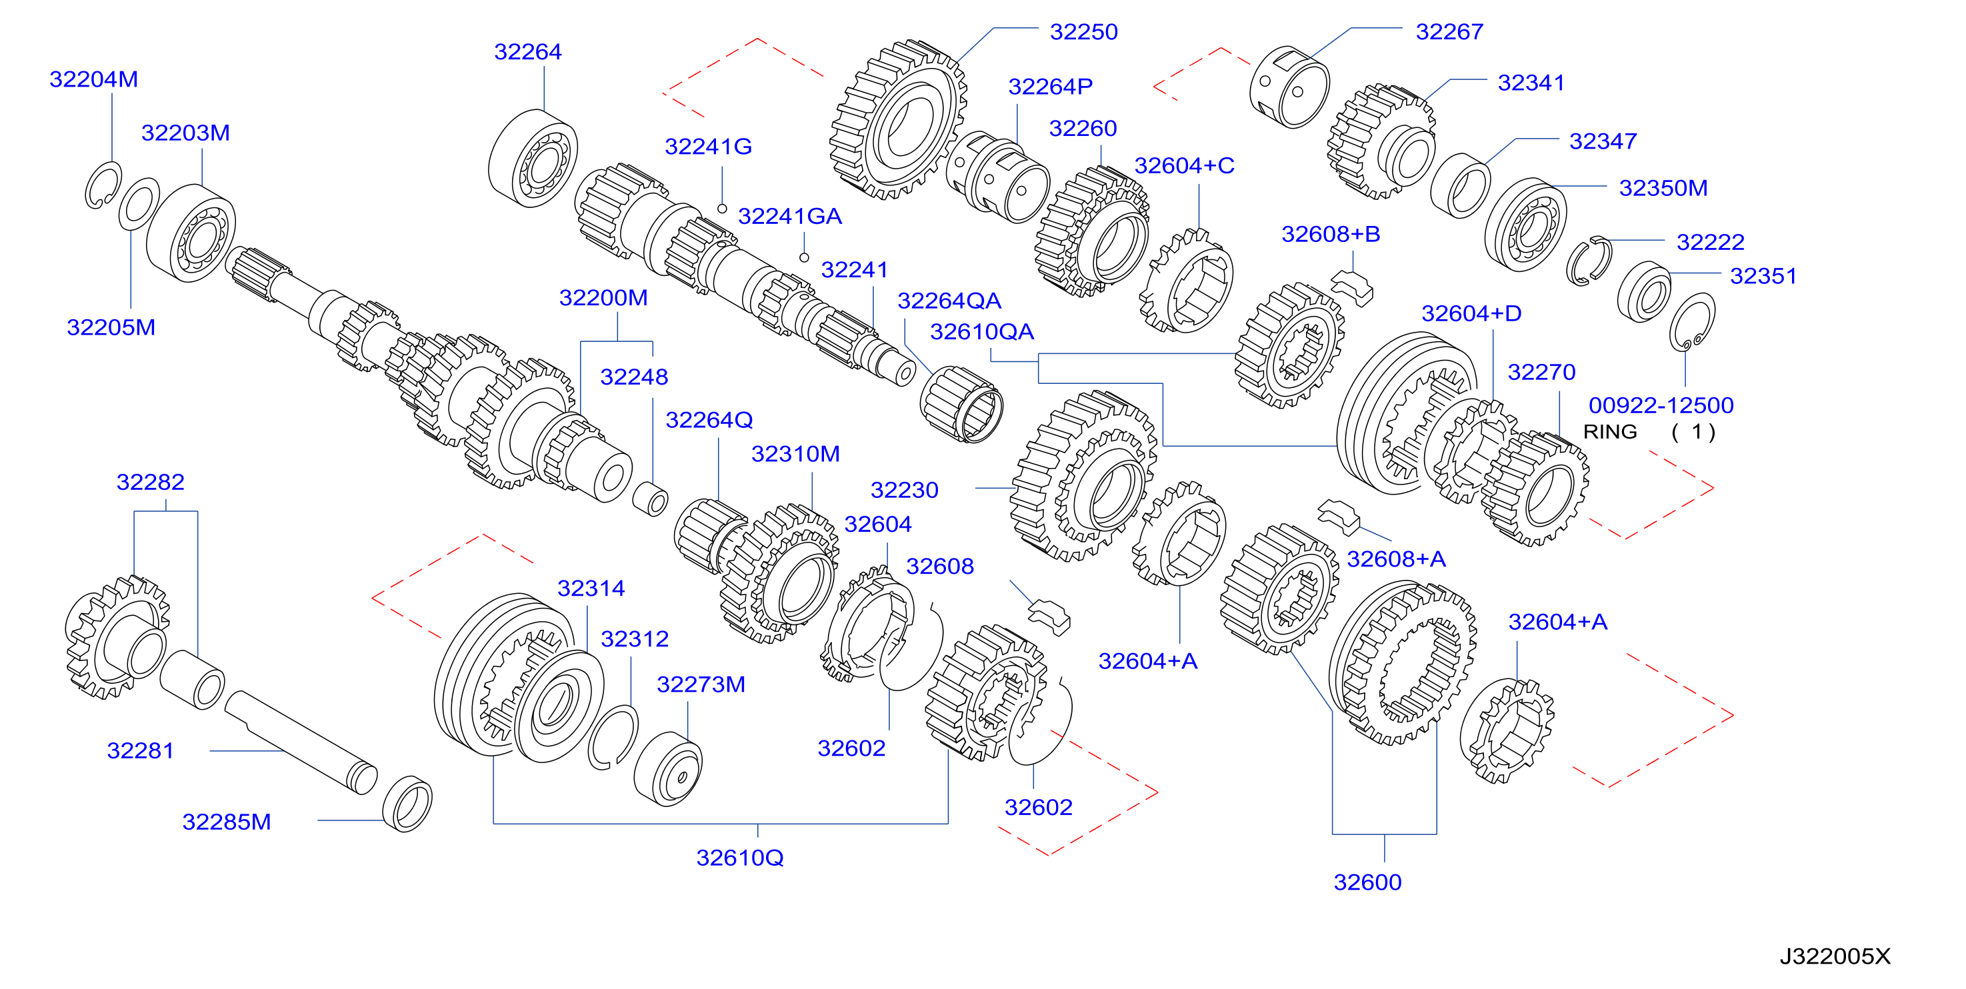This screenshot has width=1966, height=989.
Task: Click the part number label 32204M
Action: click(94, 79)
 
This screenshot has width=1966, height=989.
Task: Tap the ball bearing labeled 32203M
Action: click(191, 233)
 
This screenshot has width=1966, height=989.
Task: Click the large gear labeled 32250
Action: click(898, 120)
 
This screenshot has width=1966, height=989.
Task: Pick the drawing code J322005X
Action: click(1835, 956)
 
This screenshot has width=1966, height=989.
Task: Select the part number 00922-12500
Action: click(1661, 405)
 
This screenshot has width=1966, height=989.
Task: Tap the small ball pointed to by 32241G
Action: click(722, 209)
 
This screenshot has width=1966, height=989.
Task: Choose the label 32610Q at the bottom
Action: click(739, 858)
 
